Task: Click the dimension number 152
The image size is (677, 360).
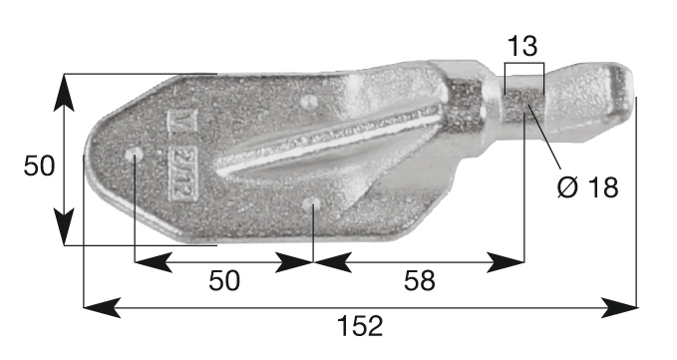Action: pos(360,326)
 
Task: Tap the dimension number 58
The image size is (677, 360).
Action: pos(419,281)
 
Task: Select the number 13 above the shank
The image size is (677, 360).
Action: pos(522,46)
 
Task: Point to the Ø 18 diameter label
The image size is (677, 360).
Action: pos(587,187)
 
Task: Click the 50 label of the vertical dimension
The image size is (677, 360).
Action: pos(39,166)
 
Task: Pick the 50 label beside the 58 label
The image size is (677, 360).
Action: pos(224,280)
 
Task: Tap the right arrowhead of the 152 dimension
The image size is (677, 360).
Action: pos(619,307)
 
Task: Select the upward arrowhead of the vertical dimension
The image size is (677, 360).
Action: pos(64,93)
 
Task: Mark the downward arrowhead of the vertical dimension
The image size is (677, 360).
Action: pos(64,226)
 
